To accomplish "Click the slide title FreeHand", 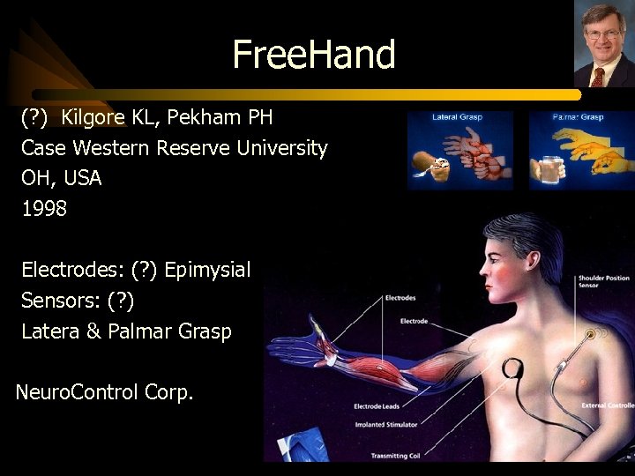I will coord(314,55).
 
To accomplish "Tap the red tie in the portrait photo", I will coord(597,76).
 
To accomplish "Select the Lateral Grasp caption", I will coord(457,116).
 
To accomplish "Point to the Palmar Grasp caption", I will coord(578,116).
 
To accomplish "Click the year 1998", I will coord(44,210).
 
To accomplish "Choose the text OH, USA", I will coord(62,178).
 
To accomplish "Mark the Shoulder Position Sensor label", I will coord(603,281).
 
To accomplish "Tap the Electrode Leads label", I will coord(378,406).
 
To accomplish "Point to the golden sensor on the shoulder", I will coord(588,334).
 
